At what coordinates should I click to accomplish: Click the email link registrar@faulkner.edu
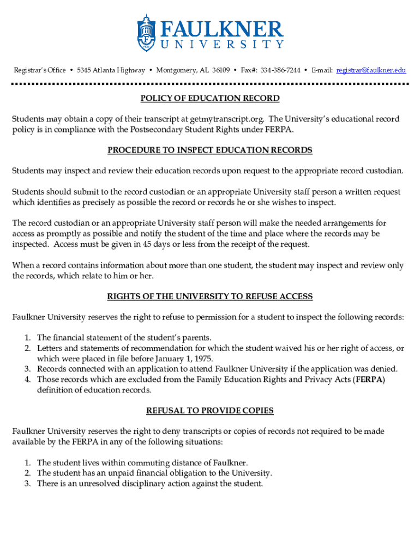[371, 70]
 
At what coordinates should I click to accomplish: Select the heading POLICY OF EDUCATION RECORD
[210, 99]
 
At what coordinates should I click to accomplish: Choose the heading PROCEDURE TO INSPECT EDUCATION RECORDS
[210, 150]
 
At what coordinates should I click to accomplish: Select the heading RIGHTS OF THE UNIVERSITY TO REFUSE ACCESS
[210, 296]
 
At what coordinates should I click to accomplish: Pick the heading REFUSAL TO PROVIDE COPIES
[210, 410]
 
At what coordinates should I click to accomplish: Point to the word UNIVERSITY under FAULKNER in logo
[221, 44]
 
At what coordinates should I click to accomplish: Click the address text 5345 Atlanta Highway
[111, 70]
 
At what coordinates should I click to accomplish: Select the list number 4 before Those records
[27, 379]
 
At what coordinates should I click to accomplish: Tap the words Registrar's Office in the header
[40, 70]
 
